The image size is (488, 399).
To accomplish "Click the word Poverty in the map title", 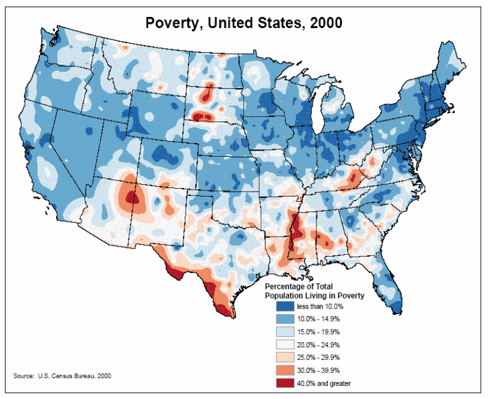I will click(173, 23).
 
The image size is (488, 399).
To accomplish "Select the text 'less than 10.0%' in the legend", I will click(320, 307).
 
